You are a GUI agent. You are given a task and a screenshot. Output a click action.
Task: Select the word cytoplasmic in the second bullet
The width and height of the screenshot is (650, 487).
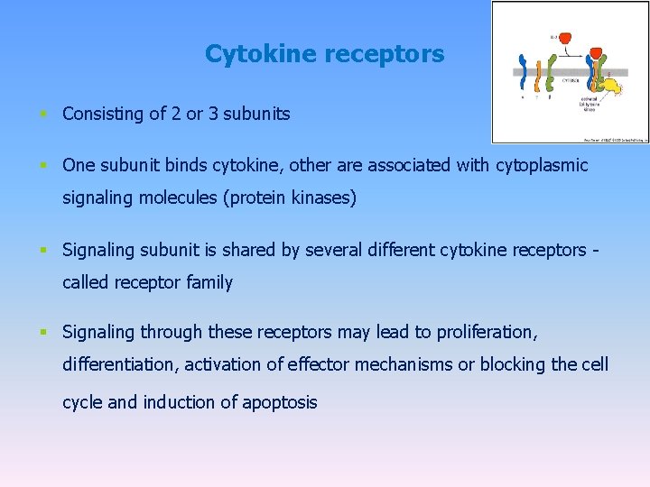542,165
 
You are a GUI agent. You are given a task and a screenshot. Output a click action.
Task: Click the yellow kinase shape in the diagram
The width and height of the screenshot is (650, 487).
612,87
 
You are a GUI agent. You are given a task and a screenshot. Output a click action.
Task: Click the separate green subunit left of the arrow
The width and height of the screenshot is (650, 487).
552,72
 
